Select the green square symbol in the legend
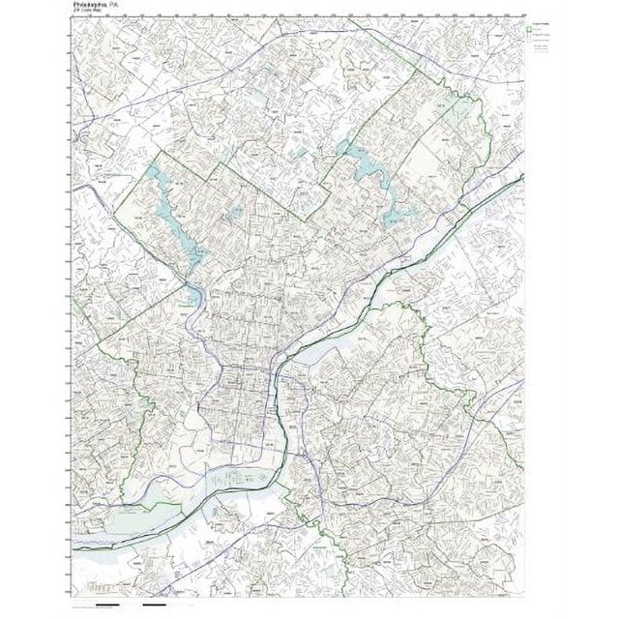tap(530, 30)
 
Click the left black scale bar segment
tap(107, 606)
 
